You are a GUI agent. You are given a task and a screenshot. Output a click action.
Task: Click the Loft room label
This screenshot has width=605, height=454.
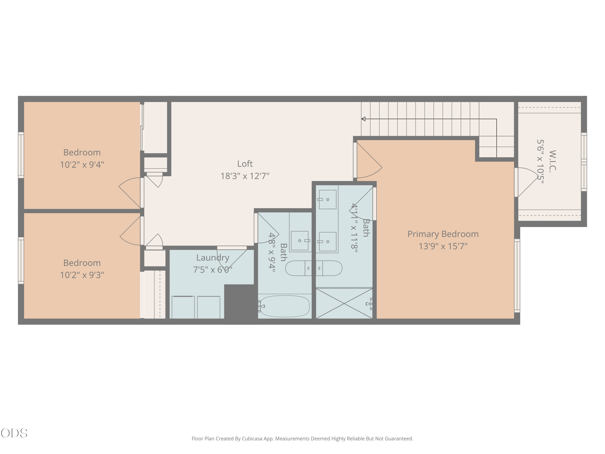pos(245,164)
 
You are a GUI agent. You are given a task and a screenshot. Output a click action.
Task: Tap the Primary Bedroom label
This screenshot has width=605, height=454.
pos(443,234)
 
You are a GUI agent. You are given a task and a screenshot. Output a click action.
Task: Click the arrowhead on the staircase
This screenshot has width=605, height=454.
pos(363,119)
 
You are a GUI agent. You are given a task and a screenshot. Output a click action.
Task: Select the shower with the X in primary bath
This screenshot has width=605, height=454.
pos(344,303)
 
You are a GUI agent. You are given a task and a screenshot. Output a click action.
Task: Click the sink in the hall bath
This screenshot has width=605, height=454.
pos(300,241)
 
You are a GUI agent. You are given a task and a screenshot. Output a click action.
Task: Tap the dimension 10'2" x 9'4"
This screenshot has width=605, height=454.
pos(82,165)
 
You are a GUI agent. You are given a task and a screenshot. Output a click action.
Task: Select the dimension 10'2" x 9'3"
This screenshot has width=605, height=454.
pos(82,275)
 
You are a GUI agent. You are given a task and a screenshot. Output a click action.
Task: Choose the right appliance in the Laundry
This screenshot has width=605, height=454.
pos(209,307)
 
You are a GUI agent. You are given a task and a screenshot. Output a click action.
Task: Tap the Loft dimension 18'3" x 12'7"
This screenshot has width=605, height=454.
pos(245,176)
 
